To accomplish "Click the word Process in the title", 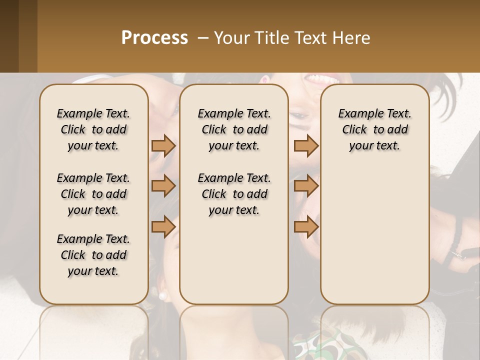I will click(154, 37).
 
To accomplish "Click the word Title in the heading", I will click(271, 37).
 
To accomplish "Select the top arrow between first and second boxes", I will click(163, 145).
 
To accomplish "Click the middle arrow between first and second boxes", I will click(163, 186).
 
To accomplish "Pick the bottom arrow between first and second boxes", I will click(163, 227).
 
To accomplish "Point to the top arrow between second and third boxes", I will click(306, 145).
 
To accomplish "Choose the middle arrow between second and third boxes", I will click(306, 186).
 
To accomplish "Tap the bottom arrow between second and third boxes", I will click(306, 227).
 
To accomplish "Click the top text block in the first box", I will click(93, 129).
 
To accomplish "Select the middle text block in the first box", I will click(93, 194).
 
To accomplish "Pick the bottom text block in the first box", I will click(93, 255).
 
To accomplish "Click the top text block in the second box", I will click(234, 129).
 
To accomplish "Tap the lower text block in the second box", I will click(234, 194).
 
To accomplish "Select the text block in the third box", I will click(375, 129).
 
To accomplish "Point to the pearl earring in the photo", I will click(162, 295).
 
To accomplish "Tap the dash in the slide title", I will click(203, 38).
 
